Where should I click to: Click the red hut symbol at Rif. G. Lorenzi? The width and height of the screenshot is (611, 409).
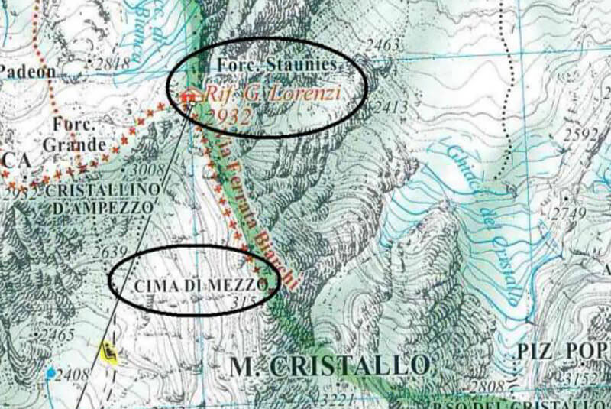[189, 95]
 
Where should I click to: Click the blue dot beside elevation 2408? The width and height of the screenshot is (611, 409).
[51, 373]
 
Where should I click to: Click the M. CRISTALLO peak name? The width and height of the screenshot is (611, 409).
[329, 365]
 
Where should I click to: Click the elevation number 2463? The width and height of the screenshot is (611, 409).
[383, 45]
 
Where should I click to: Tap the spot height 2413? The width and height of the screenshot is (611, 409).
[390, 107]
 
